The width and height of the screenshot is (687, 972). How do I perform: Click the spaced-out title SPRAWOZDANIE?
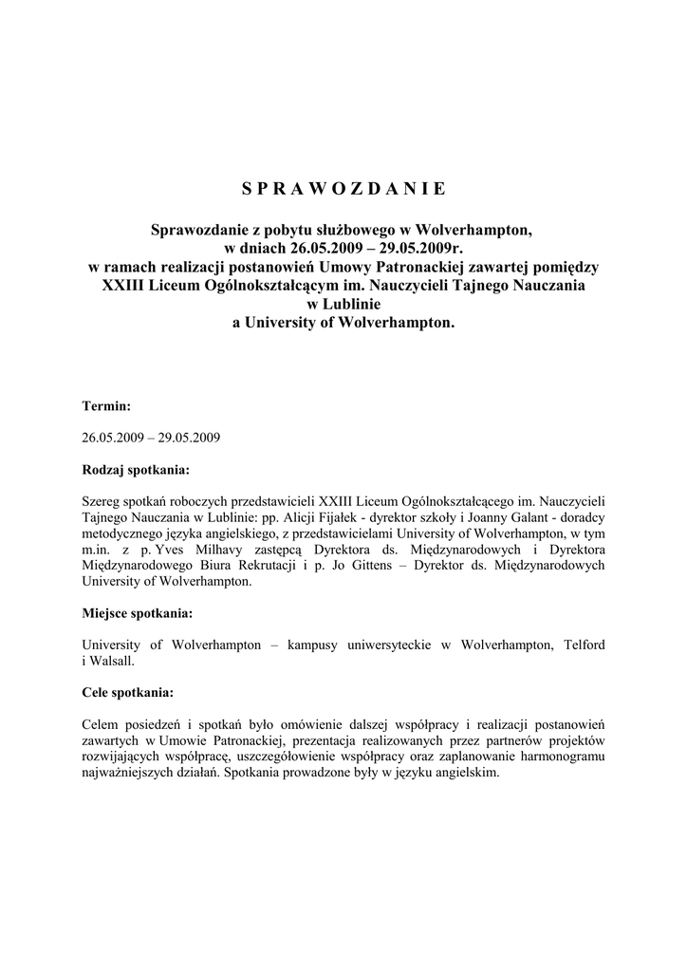[x=343, y=188]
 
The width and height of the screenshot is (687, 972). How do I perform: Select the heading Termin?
[x=106, y=405]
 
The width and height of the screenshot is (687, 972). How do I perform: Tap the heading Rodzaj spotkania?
[x=136, y=469]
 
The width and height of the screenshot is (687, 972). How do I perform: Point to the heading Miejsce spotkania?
[x=139, y=613]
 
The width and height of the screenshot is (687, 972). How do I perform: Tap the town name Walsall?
[x=114, y=662]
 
